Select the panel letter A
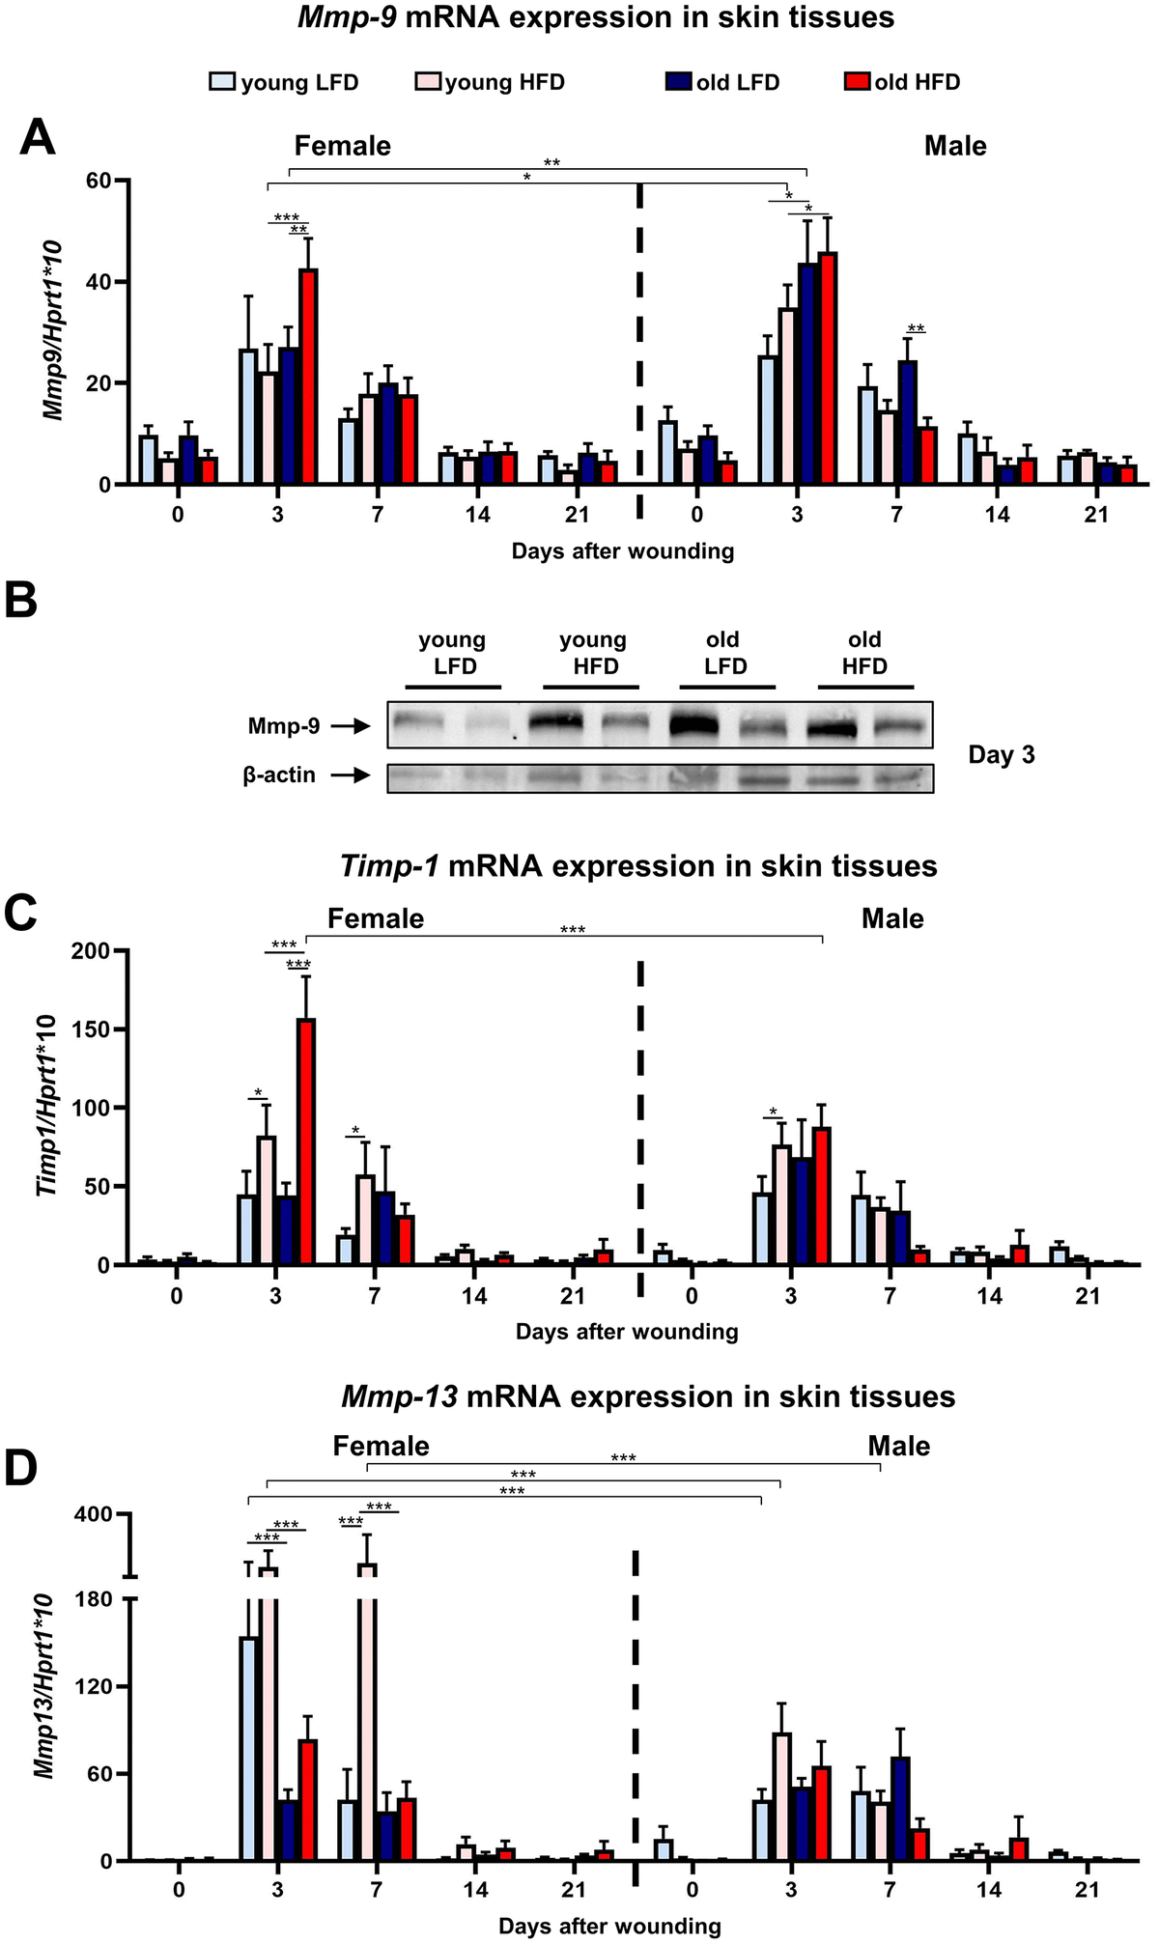38,138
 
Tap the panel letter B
21,601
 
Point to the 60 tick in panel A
99,181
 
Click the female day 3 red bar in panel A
308,377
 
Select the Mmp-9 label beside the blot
284,725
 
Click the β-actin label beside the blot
279,775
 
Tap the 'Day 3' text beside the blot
1001,755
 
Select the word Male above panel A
955,146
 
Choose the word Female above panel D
381,1446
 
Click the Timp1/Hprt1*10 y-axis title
47,1105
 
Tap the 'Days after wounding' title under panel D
609,1926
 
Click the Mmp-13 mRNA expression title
648,1396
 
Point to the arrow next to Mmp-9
351,726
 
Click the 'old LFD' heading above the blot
724,652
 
